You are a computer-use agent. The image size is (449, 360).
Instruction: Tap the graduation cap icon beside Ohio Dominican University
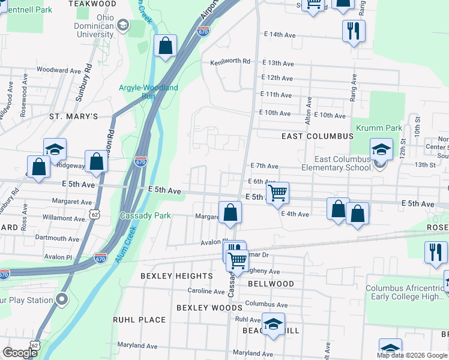pyautogui.click(x=123, y=25)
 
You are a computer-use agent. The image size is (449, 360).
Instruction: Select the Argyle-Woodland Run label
pyautogui.click(x=148, y=91)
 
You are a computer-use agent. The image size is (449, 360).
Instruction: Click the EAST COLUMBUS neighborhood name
pyautogui.click(x=318, y=136)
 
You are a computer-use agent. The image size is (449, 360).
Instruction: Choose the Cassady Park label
pyautogui.click(x=145, y=215)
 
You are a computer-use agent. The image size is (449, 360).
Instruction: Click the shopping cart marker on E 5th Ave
pyautogui.click(x=277, y=194)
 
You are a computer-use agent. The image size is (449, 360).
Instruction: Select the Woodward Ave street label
pyautogui.click(x=59, y=70)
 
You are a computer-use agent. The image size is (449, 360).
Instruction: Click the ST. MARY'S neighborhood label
pyautogui.click(x=73, y=116)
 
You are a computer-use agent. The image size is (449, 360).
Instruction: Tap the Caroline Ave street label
pyautogui.click(x=206, y=291)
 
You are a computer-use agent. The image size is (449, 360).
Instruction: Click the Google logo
pyautogui.click(x=20, y=353)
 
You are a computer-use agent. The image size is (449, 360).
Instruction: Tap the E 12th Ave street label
pyautogui.click(x=277, y=78)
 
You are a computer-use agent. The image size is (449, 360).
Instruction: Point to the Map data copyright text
pyautogui.click(x=411, y=355)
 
